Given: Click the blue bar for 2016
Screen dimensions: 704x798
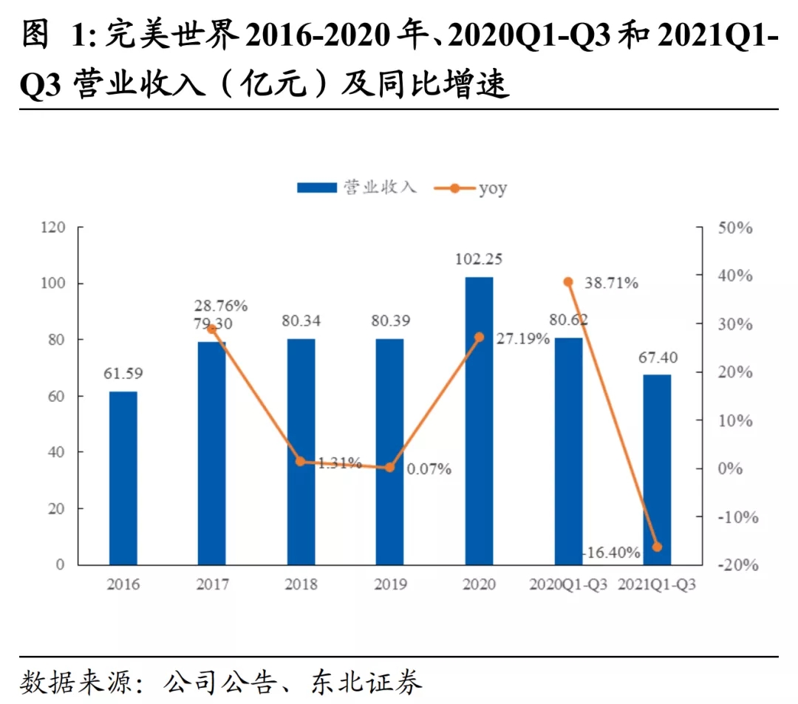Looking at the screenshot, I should point(123,478).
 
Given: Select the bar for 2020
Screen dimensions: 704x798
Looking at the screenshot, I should point(479,421).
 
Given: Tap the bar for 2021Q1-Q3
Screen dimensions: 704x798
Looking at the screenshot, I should point(657,470).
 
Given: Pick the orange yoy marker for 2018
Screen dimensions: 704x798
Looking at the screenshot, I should point(301,462).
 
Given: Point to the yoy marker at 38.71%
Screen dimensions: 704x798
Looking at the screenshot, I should point(568,282).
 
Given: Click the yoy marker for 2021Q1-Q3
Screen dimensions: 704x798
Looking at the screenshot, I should point(657,547).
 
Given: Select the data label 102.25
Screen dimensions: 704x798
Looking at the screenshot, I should point(479,260).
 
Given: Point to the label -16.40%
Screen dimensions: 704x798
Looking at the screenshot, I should point(610,552).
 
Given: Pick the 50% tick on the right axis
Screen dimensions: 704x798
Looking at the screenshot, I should point(735,228).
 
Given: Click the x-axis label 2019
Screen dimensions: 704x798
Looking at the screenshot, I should point(390,585).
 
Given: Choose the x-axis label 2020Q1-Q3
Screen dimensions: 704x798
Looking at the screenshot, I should point(568,585).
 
